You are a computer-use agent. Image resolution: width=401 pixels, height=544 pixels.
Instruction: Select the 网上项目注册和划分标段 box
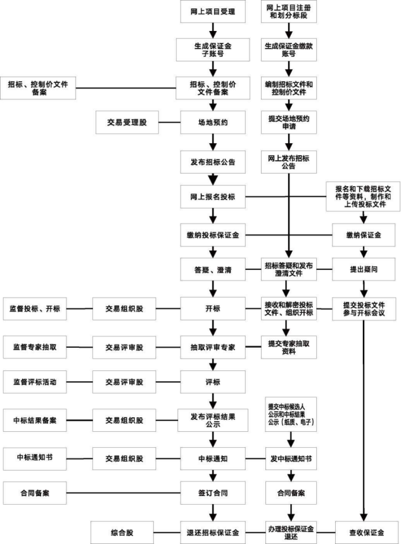pyautogui.click(x=289, y=12)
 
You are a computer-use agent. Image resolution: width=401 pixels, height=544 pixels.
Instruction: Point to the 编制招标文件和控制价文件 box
pyautogui.click(x=289, y=87)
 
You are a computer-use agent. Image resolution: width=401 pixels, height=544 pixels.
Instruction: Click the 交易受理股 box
pyautogui.click(x=127, y=122)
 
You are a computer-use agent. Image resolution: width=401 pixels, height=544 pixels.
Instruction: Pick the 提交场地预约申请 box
pyautogui.click(x=289, y=122)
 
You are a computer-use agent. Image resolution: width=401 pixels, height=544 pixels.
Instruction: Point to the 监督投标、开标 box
pyautogui.click(x=34, y=309)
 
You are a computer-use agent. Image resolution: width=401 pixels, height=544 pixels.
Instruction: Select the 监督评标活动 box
pyautogui.click(x=34, y=382)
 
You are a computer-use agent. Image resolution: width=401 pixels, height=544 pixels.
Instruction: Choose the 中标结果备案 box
pyautogui.click(x=34, y=420)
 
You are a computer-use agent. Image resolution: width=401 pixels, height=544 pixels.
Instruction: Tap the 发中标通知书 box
pyautogui.click(x=289, y=458)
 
